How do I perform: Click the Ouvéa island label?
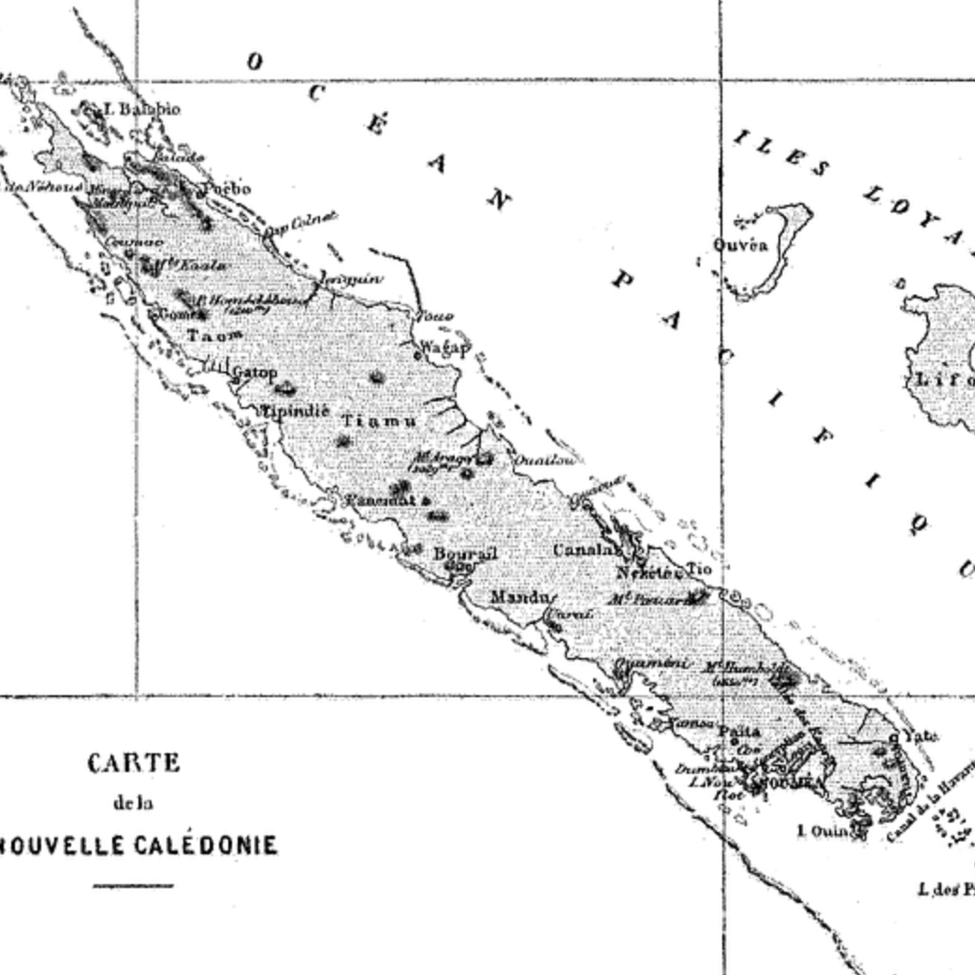(740, 246)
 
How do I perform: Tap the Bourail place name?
(464, 553)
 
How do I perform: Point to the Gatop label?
(255, 372)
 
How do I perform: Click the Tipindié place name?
(295, 411)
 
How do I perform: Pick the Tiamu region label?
(379, 421)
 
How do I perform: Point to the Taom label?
(215, 335)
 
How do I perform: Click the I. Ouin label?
(822, 830)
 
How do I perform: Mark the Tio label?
(699, 568)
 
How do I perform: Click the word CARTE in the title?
(134, 764)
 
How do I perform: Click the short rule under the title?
(133, 884)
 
